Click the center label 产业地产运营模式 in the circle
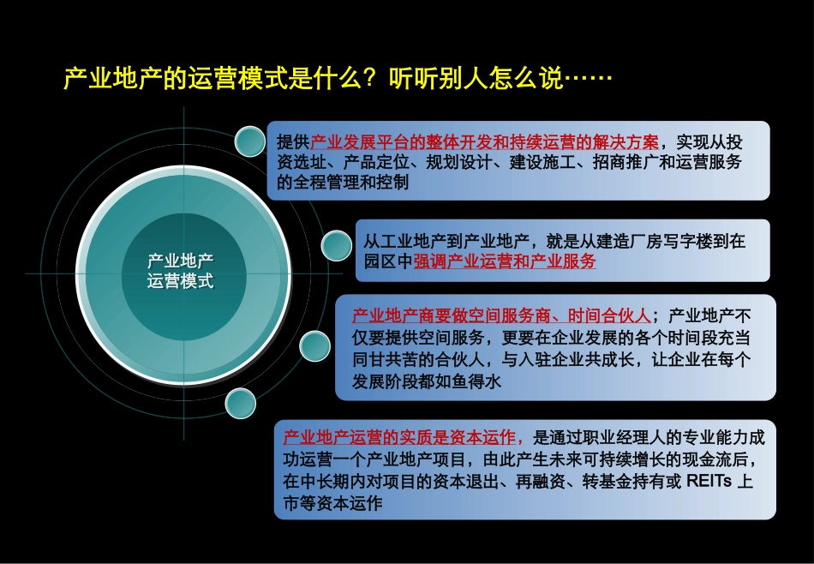181,271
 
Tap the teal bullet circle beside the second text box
336,246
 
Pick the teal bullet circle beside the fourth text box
240,402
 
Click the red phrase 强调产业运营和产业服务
505,262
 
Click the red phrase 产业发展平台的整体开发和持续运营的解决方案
484,141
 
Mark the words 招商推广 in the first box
613,162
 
